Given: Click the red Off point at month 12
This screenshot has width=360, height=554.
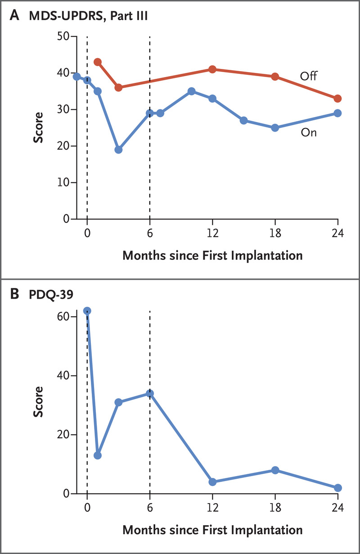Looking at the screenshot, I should [212, 69].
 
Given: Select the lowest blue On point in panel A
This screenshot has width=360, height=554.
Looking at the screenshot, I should [118, 150].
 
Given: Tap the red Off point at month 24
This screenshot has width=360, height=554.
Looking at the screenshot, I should [338, 99].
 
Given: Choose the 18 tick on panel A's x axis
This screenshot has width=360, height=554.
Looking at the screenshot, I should [275, 234].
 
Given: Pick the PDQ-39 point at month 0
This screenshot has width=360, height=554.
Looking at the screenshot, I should [87, 311].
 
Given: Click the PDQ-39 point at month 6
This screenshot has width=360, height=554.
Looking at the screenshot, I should [150, 394].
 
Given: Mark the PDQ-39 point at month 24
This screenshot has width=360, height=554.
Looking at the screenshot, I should [338, 488].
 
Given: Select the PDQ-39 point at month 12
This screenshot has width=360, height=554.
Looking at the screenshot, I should [212, 482].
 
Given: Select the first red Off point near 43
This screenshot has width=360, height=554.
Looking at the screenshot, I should [98, 62].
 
